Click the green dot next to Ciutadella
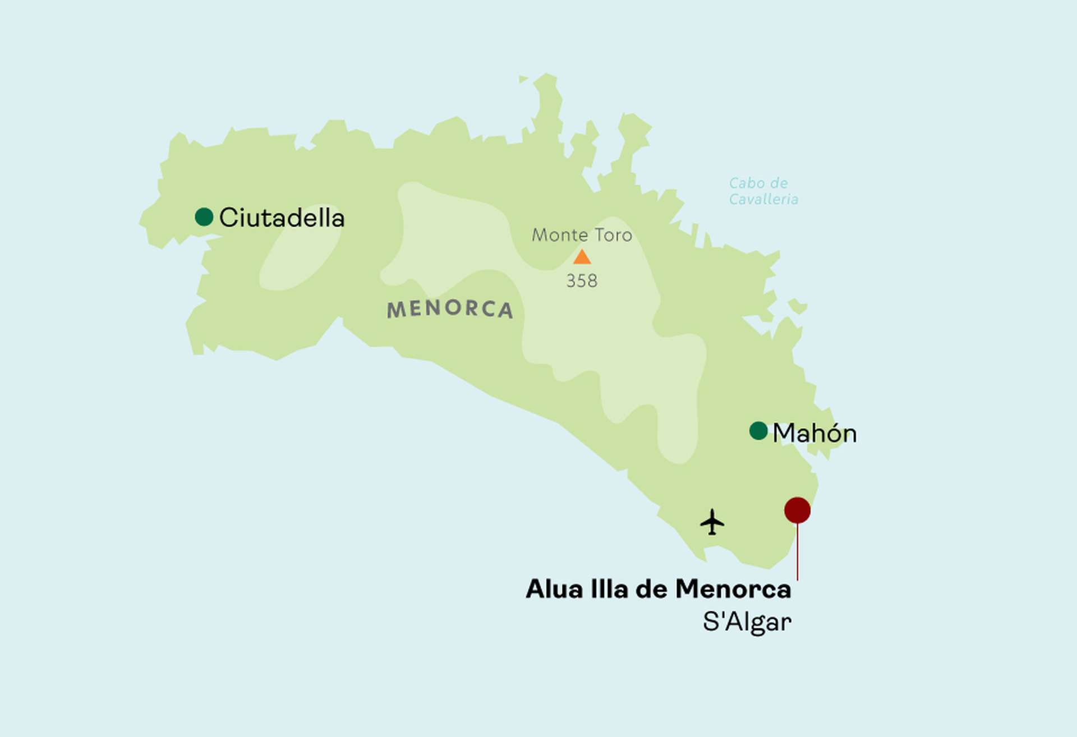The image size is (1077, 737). (x=204, y=217)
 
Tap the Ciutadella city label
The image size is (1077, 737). (x=282, y=218)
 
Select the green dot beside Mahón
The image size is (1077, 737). (x=758, y=431)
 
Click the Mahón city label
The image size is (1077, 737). (x=814, y=434)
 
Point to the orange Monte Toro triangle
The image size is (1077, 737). (x=582, y=258)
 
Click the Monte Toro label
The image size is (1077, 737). (x=582, y=235)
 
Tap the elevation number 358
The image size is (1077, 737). (x=582, y=280)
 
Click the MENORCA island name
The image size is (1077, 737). (x=450, y=308)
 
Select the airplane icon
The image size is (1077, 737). (x=712, y=522)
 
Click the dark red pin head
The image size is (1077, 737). (x=797, y=510)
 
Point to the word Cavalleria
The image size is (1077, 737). (x=763, y=199)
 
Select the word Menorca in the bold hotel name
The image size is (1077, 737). (x=733, y=589)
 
